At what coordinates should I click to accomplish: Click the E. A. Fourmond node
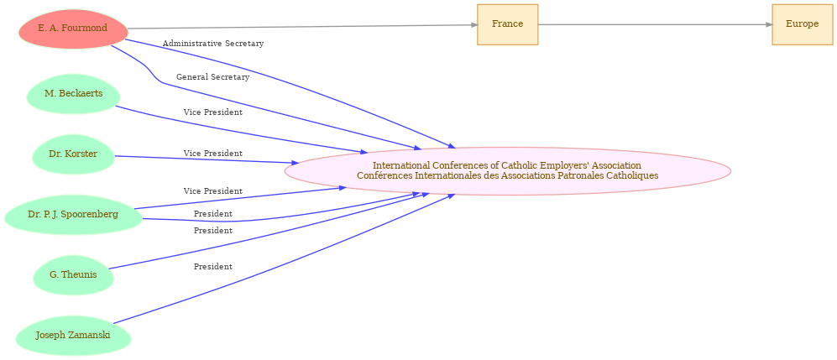(x=73, y=29)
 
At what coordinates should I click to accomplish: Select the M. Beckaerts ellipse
(x=73, y=94)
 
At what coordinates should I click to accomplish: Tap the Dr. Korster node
(x=73, y=154)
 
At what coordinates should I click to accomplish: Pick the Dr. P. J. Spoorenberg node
(x=73, y=215)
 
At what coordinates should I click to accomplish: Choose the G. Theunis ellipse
(x=73, y=275)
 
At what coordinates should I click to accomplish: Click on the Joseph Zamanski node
(x=73, y=336)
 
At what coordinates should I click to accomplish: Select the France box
(x=507, y=24)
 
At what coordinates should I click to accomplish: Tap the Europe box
(x=802, y=24)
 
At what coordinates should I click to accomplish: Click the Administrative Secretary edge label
(x=213, y=44)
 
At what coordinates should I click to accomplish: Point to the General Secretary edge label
(x=212, y=77)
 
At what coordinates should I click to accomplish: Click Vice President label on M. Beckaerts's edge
(x=212, y=112)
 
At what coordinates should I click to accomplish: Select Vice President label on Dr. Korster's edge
(x=212, y=154)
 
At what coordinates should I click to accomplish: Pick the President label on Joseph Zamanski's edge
(x=212, y=267)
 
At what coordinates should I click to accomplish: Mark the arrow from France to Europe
(x=655, y=24)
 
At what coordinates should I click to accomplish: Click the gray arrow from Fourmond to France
(x=302, y=27)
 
